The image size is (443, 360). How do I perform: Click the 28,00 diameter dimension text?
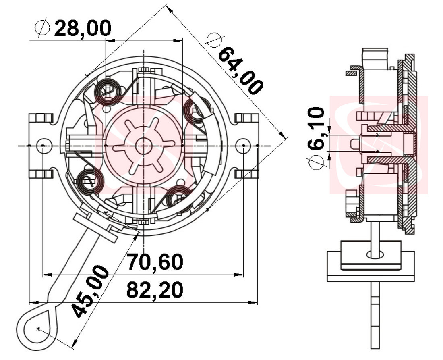83,29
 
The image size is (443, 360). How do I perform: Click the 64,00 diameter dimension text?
240,71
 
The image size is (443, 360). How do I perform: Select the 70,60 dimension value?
155,262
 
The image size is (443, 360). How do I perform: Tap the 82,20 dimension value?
155,290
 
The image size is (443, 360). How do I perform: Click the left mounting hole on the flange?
43,145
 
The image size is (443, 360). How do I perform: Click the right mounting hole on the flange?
243,145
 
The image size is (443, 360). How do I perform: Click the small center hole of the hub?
143,146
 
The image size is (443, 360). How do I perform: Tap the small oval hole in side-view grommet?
376,254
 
